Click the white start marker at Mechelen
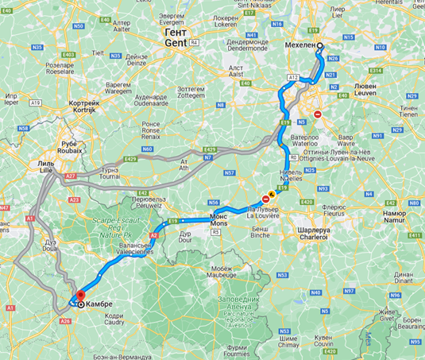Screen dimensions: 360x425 [320, 46]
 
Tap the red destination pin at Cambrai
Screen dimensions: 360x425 [80, 302]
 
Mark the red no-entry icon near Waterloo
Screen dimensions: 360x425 [318, 114]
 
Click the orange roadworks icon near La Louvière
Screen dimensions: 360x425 [272, 193]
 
